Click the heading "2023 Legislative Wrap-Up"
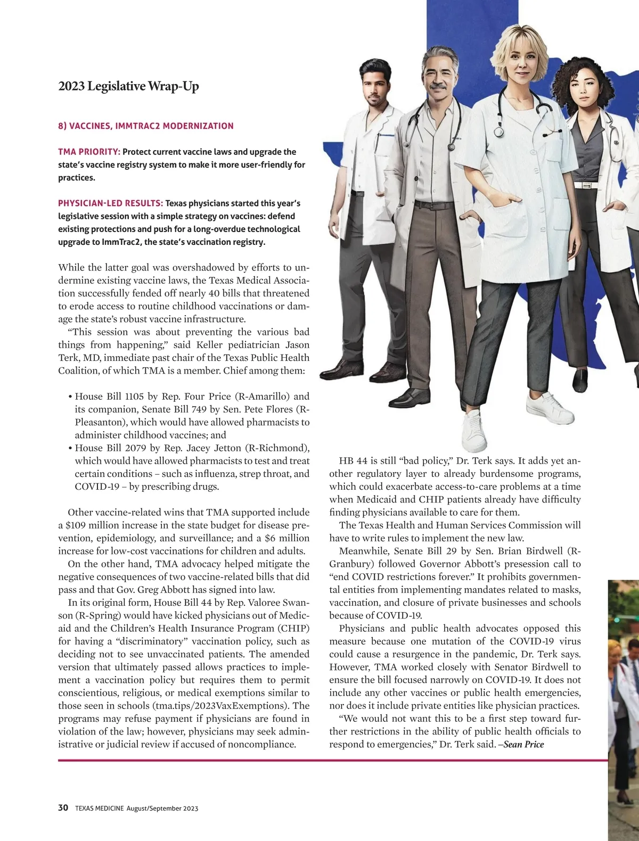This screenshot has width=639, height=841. [128, 86]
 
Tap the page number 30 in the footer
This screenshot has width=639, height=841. [63, 807]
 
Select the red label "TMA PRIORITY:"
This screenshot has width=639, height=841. [89, 152]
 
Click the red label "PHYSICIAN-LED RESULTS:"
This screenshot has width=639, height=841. [110, 203]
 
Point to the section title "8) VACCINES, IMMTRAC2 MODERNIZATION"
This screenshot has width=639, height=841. [146, 126]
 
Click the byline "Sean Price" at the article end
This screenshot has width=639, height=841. [523, 744]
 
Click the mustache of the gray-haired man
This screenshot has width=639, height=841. [437, 85]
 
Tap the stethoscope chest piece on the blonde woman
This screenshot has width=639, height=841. [499, 131]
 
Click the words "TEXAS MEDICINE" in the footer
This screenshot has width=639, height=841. [99, 808]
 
